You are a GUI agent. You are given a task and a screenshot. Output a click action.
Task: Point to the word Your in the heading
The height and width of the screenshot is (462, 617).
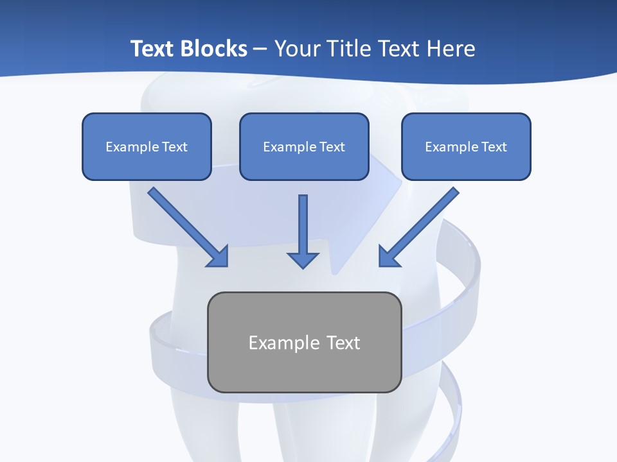tap(296, 49)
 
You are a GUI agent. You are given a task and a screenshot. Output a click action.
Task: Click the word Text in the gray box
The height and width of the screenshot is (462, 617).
tap(343, 343)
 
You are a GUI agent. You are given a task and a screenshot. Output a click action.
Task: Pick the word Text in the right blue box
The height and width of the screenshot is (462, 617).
tap(494, 147)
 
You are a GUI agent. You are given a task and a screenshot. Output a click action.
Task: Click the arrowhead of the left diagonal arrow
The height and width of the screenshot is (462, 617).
tap(219, 257)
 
